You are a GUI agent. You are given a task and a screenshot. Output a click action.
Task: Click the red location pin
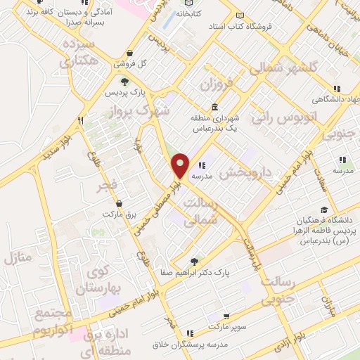(180, 166)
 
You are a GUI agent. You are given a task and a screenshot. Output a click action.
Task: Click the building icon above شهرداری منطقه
(213, 107)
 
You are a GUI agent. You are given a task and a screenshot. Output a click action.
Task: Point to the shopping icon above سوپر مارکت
(226, 317)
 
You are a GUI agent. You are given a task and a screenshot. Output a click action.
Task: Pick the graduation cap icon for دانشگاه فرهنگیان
(323, 210)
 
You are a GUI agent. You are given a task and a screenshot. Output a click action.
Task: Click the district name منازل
(19, 257)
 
